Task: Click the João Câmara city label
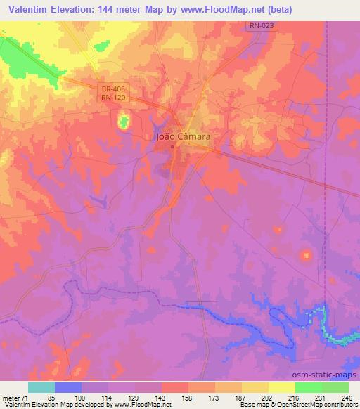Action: click(x=183, y=138)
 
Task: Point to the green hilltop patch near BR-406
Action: click(x=124, y=123)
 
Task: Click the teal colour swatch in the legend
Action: click(x=41, y=387)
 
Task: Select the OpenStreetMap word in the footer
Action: click(x=288, y=405)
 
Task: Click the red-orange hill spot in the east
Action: click(x=306, y=257)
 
